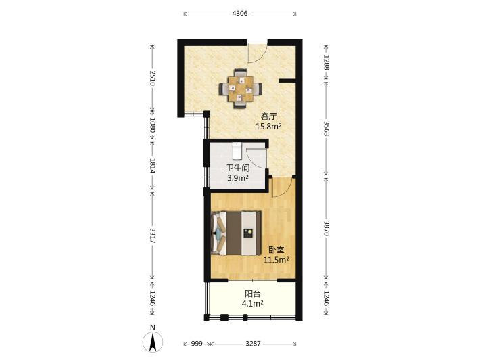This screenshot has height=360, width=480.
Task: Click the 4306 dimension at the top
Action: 240,14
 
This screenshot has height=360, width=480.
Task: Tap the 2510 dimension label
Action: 153,78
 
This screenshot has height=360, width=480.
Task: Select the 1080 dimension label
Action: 153,125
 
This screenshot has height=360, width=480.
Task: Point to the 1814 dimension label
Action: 153,166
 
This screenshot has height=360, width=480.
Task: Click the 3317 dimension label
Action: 153,235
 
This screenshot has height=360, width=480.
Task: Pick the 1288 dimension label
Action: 327,62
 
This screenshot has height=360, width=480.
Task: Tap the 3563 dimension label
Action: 327,129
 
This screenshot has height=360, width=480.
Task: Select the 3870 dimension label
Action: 327,229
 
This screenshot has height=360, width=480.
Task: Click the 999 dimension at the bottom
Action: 197,344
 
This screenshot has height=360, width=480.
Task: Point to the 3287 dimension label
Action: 253,344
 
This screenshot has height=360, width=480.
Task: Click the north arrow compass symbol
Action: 153,341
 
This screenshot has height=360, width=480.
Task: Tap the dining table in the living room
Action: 240,89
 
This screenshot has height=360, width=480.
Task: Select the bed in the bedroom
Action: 236,233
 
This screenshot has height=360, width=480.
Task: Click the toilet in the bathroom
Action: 237,152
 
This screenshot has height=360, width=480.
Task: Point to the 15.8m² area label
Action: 269,126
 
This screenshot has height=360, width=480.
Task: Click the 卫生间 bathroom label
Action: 238,168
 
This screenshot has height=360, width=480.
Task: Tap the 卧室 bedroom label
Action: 277,250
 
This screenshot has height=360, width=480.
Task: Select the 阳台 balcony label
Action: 253,294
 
